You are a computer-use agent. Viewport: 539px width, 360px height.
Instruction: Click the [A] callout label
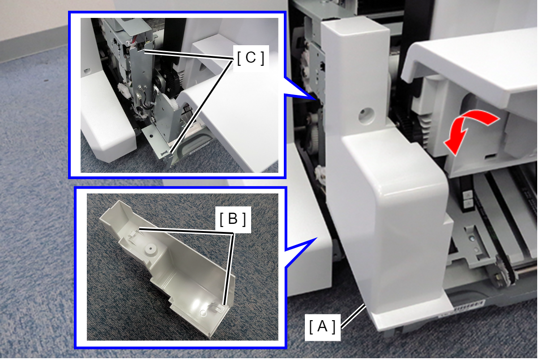[x=322, y=327]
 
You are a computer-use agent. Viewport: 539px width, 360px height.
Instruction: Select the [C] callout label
[x=251, y=58]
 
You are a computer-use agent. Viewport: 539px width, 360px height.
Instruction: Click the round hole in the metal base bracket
[x=151, y=136]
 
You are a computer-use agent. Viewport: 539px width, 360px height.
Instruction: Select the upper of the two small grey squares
[x=468, y=194]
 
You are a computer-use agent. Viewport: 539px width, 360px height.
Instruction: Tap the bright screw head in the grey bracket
[x=472, y=239]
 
